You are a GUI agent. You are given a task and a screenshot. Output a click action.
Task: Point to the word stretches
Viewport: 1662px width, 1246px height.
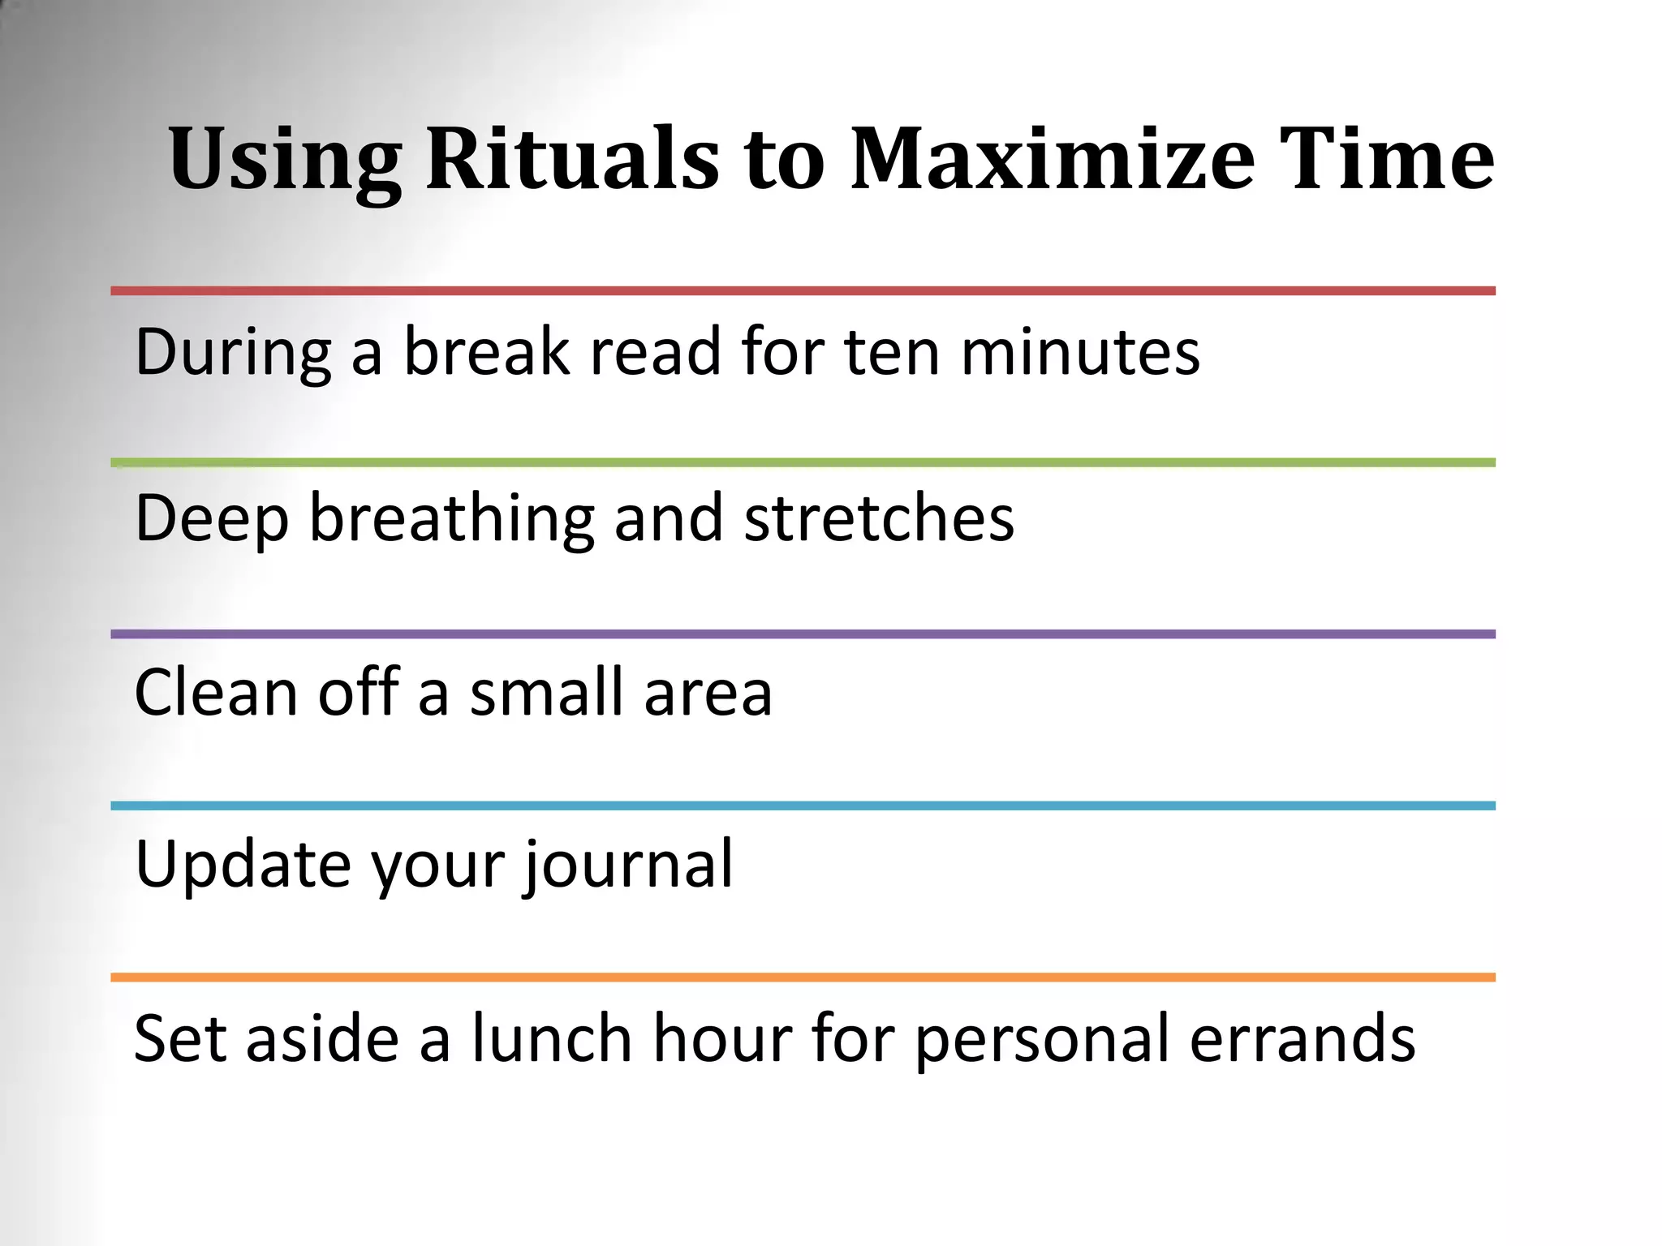879,519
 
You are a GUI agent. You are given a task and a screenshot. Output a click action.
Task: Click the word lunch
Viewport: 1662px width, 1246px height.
553,1038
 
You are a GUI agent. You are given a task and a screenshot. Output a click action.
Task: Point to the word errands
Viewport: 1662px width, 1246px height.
1302,1040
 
